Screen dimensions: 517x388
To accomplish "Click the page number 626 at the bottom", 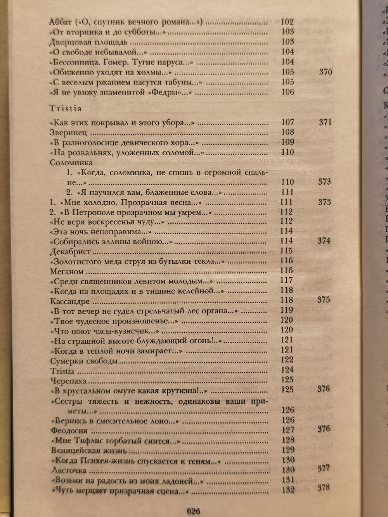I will click(x=193, y=511).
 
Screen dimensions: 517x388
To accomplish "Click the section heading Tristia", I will click(x=66, y=109).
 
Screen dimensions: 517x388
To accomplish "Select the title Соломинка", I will click(x=71, y=163).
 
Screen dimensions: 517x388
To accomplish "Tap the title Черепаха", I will click(x=68, y=380).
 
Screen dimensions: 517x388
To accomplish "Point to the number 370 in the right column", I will click(x=325, y=72).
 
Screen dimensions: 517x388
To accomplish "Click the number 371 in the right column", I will click(x=325, y=122).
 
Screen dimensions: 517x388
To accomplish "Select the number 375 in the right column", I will click(x=323, y=299).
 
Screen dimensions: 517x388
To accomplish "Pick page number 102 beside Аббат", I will click(x=287, y=22).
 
